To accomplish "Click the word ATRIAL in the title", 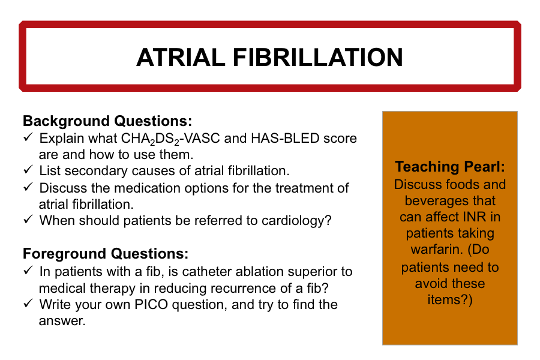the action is point(181,57).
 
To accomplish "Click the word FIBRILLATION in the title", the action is point(318,57).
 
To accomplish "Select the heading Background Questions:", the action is point(107,121).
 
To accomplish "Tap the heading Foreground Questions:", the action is point(106,254).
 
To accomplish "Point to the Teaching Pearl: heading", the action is point(450,166).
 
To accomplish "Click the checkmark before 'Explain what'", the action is point(28,137).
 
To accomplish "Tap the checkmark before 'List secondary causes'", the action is point(28,169).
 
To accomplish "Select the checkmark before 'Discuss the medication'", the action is point(28,187).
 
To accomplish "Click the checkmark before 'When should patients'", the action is point(28,220).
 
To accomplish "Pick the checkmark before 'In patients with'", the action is point(28,271).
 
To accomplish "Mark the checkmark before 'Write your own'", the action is point(28,304).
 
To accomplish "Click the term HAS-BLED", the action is point(285,139).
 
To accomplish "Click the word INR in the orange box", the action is point(475,217).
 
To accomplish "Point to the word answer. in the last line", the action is point(62,322).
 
